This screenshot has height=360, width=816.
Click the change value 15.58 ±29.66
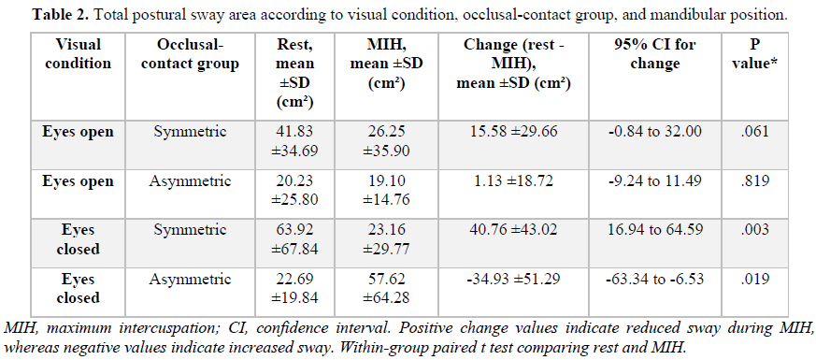(x=514, y=132)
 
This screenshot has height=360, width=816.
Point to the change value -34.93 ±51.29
(x=514, y=280)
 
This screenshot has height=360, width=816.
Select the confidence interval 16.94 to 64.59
(x=654, y=230)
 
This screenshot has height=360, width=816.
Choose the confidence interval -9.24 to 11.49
(x=654, y=181)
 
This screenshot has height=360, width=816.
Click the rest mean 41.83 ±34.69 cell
(x=295, y=141)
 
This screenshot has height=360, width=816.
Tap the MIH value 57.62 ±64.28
(x=387, y=289)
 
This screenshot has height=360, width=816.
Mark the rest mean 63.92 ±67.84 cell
(x=295, y=239)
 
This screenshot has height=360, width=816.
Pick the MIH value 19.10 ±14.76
(x=387, y=191)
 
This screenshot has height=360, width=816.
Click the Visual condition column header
(x=79, y=54)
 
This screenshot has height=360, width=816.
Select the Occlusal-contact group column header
(x=191, y=54)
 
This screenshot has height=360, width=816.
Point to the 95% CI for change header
(x=654, y=54)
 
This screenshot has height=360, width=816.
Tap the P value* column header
(x=754, y=54)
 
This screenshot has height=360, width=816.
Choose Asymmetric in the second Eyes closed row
(x=191, y=280)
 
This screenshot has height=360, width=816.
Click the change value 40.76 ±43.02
(x=514, y=230)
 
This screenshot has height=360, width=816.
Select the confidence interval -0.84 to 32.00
(x=654, y=132)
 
